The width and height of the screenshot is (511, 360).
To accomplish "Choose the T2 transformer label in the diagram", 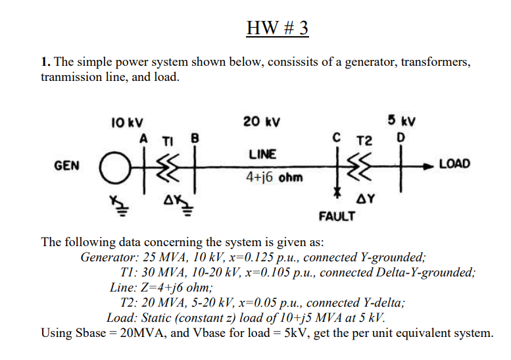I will click(364, 141).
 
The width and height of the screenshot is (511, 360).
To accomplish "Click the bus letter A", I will click(143, 139).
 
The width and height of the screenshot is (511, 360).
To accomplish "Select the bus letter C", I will click(337, 139).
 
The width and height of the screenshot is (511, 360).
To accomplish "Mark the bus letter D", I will click(396, 139).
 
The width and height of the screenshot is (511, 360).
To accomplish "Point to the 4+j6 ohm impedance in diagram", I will click(265, 178).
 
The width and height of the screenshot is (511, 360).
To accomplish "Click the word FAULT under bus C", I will click(337, 217).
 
